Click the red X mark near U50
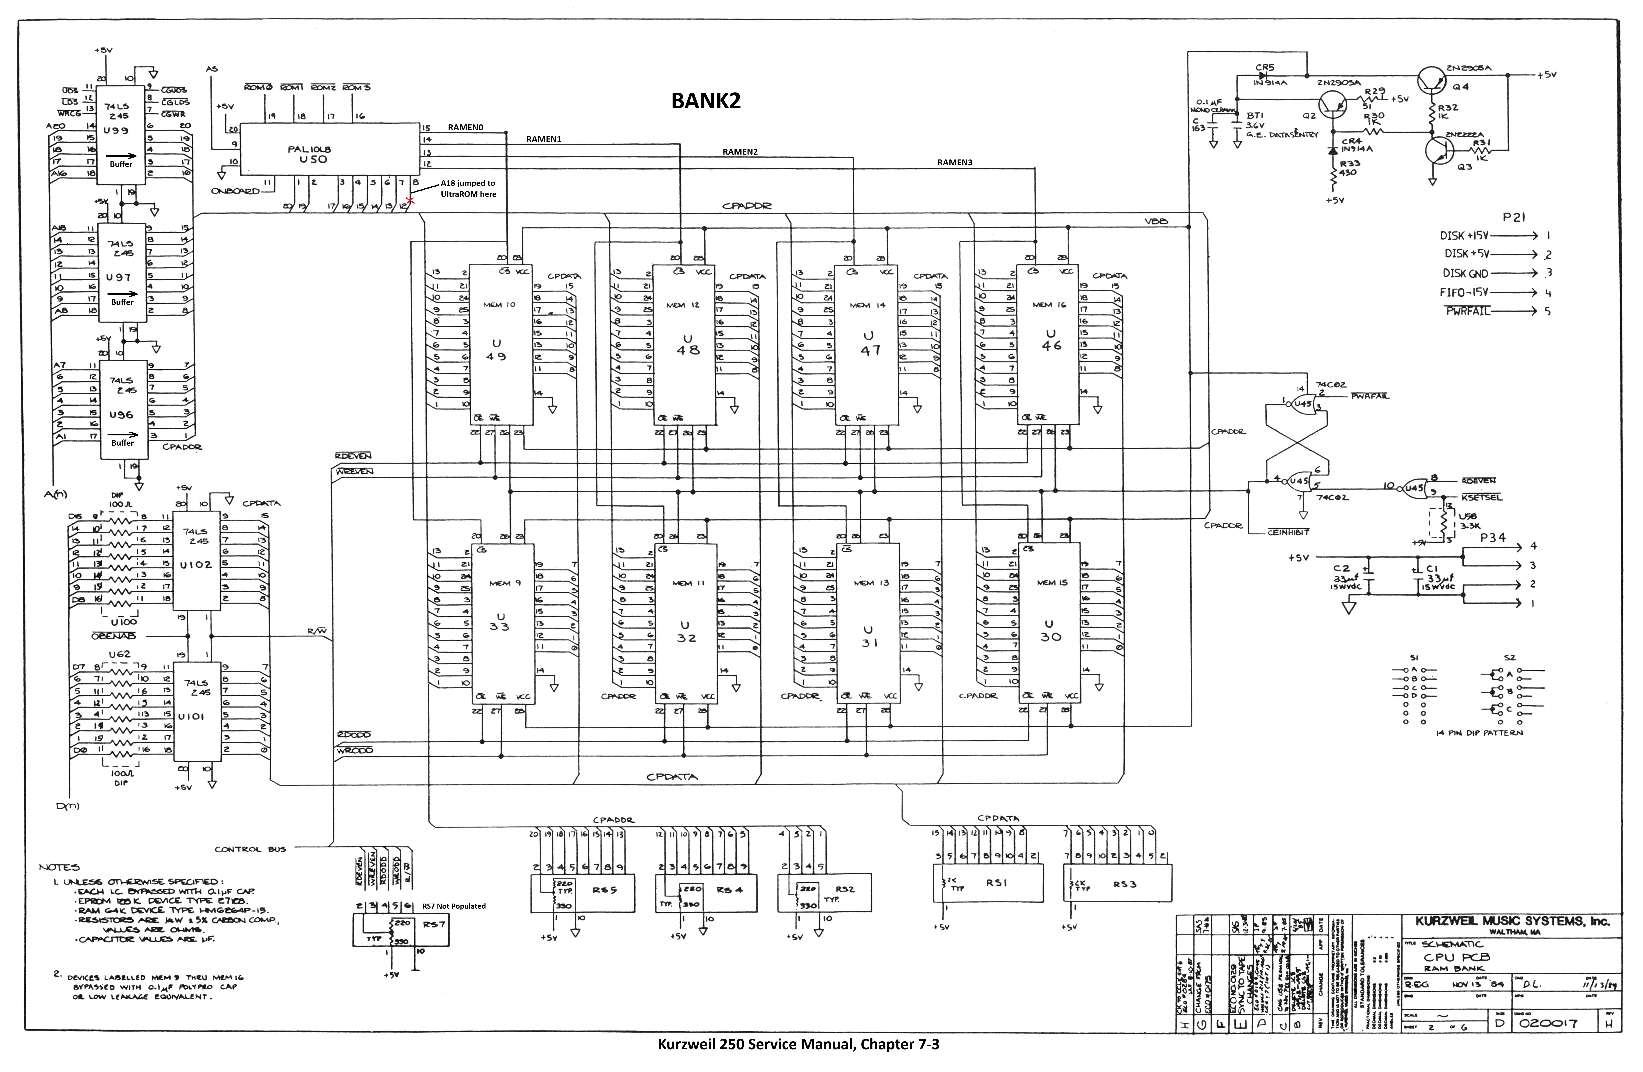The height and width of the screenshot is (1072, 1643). pyautogui.click(x=410, y=201)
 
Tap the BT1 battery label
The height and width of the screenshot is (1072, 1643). pyautogui.click(x=1254, y=116)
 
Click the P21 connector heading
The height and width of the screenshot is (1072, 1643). pyautogui.click(x=1513, y=217)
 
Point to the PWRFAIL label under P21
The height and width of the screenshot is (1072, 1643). pyautogui.click(x=1468, y=311)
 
